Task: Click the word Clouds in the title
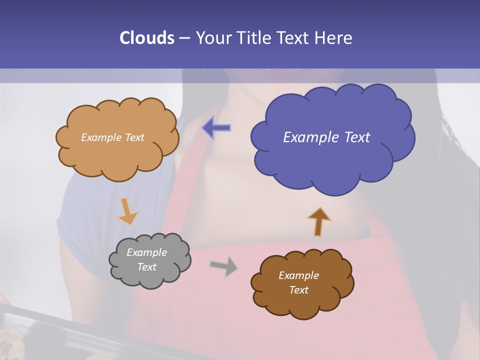pyautogui.click(x=147, y=38)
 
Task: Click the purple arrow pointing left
pyautogui.click(x=216, y=128)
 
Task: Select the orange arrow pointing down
pyautogui.click(x=127, y=212)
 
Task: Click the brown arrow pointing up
pyautogui.click(x=318, y=221)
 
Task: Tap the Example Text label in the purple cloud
pyautogui.click(x=326, y=137)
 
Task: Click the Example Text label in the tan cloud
pyautogui.click(x=112, y=137)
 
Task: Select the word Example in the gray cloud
pyautogui.click(x=146, y=252)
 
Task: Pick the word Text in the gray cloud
pyautogui.click(x=146, y=267)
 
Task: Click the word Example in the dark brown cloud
pyautogui.click(x=298, y=275)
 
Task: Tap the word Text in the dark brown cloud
pyautogui.click(x=298, y=290)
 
